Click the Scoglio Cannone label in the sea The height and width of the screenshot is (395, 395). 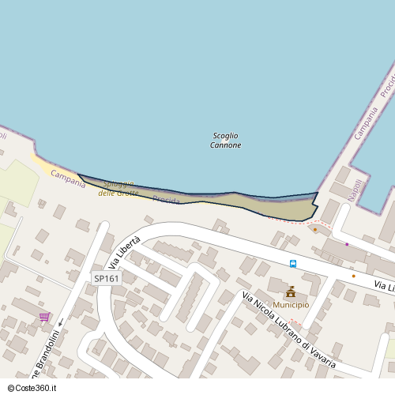(226, 141)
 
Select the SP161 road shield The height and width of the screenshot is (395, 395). (107, 278)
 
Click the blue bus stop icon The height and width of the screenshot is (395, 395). (293, 264)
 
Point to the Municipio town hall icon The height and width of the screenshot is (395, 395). (291, 292)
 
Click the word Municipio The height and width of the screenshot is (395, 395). (291, 305)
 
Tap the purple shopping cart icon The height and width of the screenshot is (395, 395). (45, 317)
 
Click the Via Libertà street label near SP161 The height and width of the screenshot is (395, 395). (129, 251)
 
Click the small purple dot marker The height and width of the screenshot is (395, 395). (347, 244)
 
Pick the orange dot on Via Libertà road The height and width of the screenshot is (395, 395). (353, 276)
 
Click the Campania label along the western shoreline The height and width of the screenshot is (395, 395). (67, 179)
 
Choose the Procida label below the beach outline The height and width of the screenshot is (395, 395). (166, 200)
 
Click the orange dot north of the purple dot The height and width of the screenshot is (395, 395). (315, 230)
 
